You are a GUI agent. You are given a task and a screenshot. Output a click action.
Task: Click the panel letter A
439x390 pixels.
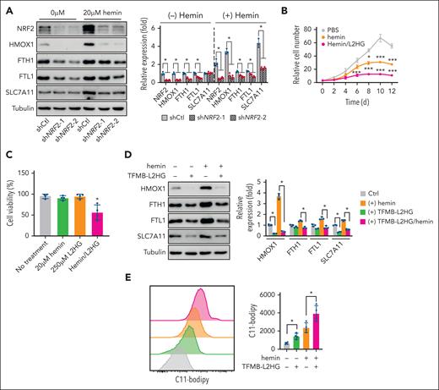coord(7,7)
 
